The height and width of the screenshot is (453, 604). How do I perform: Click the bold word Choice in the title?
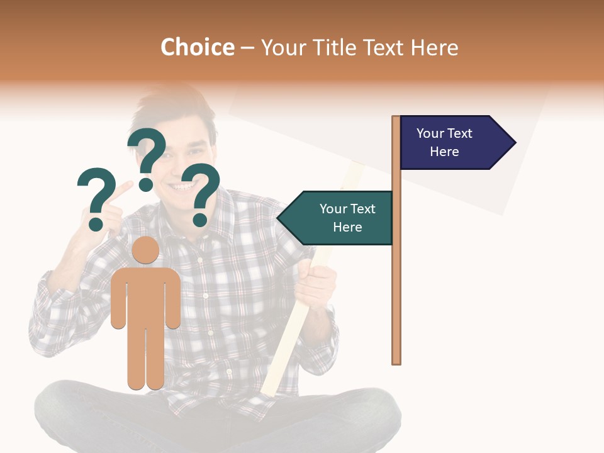(197, 47)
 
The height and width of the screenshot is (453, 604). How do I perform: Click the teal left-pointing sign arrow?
(337, 218)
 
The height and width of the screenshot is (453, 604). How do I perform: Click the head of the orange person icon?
(145, 250)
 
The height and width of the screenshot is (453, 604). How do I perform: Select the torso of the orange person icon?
(145, 296)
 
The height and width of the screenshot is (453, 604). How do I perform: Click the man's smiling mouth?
(184, 186)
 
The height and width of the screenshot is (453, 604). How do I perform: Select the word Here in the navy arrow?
(444, 152)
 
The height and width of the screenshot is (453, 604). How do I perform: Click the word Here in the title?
(434, 47)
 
